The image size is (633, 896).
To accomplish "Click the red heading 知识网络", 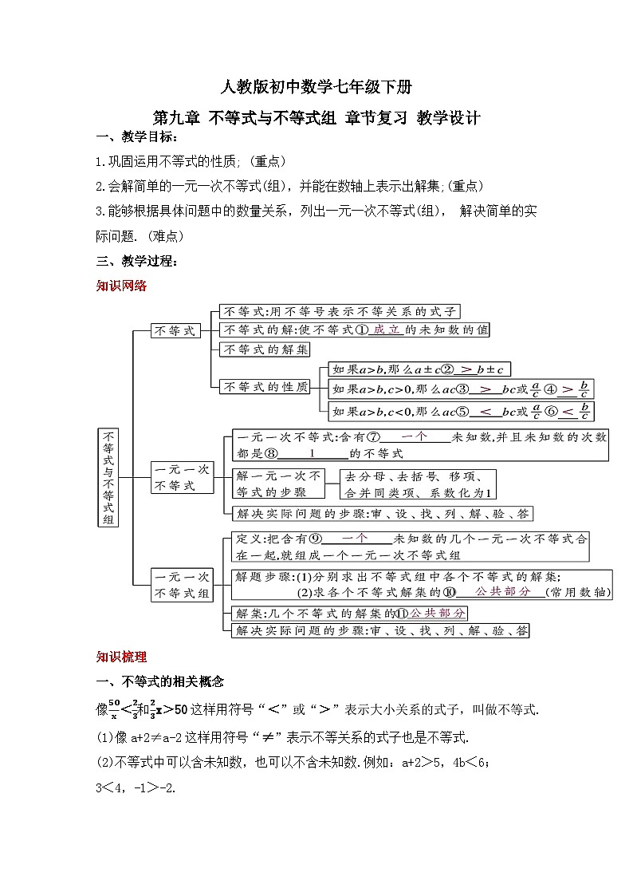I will pyautogui.click(x=121, y=286).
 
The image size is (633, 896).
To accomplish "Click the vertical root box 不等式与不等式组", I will pyautogui.click(x=108, y=478).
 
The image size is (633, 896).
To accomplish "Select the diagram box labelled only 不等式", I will pyautogui.click(x=175, y=330).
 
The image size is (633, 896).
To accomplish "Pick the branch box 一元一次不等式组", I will pyautogui.click(x=183, y=584).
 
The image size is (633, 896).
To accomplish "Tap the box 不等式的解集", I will pyautogui.click(x=265, y=349).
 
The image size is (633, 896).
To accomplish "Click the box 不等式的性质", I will pyautogui.click(x=265, y=387).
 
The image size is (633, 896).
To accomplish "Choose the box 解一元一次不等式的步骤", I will pyautogui.click(x=277, y=484).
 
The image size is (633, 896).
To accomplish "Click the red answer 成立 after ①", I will pyautogui.click(x=387, y=330).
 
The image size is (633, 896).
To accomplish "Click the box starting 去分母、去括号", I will pyautogui.click(x=418, y=484).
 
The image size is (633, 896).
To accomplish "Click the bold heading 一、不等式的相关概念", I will pyautogui.click(x=159, y=682).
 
